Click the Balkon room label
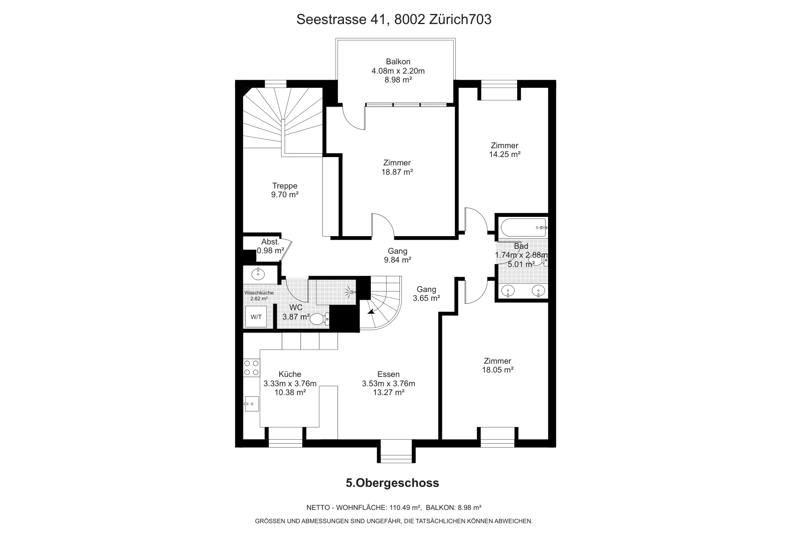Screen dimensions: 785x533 [398, 62]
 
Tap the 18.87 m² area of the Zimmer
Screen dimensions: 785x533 [397, 172]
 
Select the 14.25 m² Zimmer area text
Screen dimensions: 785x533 [505, 154]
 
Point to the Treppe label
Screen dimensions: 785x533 [285, 186]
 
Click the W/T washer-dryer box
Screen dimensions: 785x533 [256, 317]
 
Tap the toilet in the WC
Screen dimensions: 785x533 [319, 319]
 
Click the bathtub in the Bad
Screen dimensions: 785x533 [523, 228]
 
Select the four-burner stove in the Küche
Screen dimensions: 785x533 [252, 368]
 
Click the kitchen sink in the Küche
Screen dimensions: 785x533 [251, 403]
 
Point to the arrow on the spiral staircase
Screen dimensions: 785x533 [371, 311]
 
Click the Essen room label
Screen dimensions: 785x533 [389, 374]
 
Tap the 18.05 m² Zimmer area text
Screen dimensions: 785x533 [497, 370]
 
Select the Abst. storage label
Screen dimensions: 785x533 [270, 241]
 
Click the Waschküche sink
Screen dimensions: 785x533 [258, 273]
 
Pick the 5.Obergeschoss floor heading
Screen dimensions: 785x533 [392, 483]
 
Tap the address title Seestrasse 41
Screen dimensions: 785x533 [342, 19]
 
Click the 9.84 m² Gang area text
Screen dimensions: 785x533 [398, 260]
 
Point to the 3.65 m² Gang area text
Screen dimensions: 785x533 [426, 298]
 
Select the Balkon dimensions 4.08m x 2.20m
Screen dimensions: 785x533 [398, 71]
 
